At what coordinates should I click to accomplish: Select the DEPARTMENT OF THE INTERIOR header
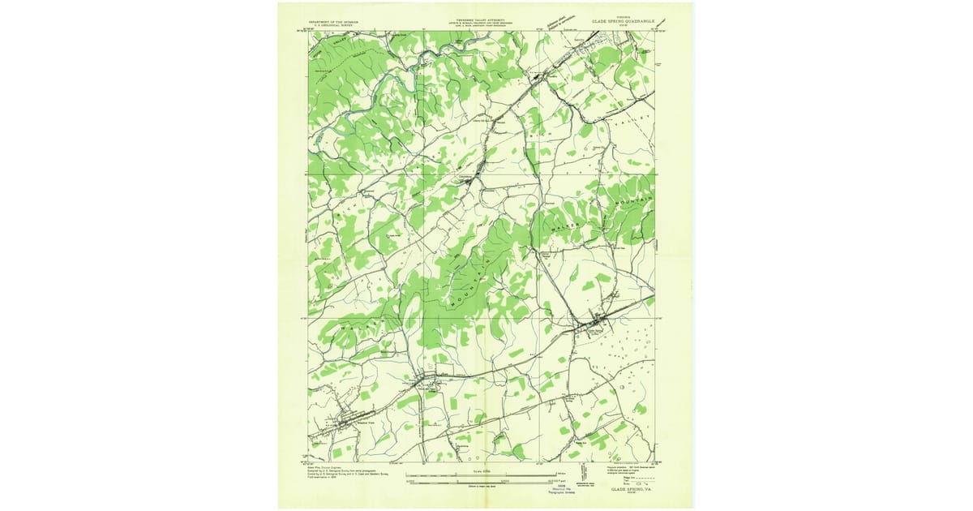point(340,23)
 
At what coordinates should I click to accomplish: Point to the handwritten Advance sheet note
point(559,20)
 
